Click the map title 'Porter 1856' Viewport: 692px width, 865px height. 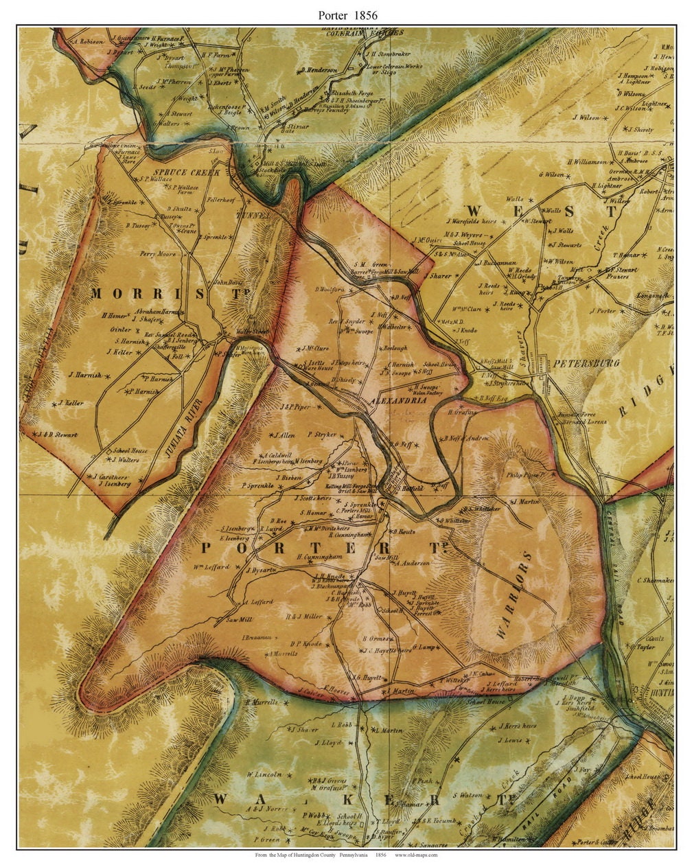347,14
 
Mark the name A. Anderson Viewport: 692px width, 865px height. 411,563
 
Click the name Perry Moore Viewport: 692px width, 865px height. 158,254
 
